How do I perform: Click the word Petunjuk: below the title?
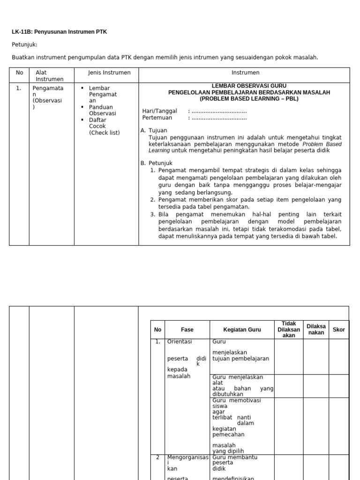pos(24,45)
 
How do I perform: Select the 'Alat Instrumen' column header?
pos(49,76)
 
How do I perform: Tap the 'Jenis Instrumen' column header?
pos(109,73)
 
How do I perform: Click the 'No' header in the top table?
pos(19,73)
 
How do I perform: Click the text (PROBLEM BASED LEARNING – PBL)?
pos(249,99)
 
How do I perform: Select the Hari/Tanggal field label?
pos(159,111)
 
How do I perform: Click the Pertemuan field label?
pos(158,118)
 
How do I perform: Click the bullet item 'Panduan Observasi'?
pos(102,110)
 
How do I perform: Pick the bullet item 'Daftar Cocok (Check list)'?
pos(104,126)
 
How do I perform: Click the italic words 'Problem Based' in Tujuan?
pos(322,144)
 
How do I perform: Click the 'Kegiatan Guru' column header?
pos(242,330)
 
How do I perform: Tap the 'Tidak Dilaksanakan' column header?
pos(289,330)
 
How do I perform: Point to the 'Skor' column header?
pos(338,330)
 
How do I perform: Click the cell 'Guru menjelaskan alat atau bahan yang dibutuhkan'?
pos(243,386)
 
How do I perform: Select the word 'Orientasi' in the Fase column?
pos(180,342)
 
